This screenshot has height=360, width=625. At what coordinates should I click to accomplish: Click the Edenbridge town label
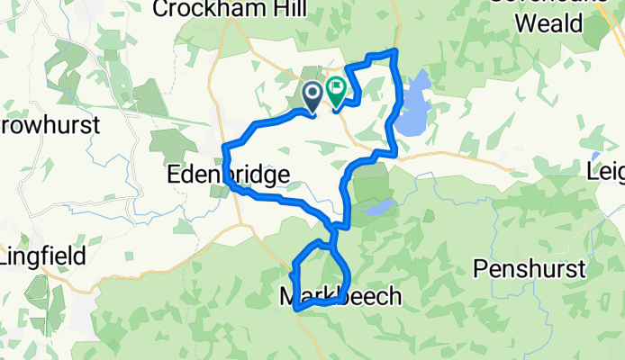229,175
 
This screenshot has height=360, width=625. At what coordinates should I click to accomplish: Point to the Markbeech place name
340,297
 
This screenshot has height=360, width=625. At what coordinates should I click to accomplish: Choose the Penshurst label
530,268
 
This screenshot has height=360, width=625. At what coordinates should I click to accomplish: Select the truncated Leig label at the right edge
605,171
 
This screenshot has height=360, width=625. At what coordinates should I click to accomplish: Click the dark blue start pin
312,93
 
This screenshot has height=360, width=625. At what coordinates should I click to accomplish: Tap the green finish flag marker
337,90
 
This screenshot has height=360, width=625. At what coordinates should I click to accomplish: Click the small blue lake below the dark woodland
379,209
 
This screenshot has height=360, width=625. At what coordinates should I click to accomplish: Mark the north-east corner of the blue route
394,51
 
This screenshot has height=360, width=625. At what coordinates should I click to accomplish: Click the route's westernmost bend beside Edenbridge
224,148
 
